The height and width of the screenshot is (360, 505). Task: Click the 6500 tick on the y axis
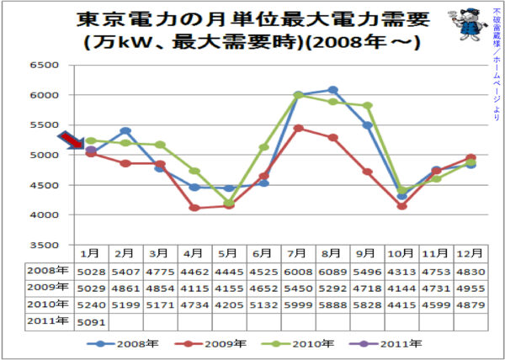tap(42, 65)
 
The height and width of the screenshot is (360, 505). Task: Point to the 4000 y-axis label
tap(42, 215)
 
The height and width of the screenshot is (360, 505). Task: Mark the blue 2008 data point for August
tap(333, 90)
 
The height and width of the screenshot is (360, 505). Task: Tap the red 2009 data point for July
tap(299, 129)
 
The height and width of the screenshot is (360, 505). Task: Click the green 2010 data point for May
tap(229, 203)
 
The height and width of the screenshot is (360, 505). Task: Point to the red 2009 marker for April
tap(194, 208)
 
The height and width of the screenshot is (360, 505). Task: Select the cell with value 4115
tap(194, 288)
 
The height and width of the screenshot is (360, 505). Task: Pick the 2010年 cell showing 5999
tap(299, 304)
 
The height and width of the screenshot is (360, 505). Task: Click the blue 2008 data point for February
tap(125, 131)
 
